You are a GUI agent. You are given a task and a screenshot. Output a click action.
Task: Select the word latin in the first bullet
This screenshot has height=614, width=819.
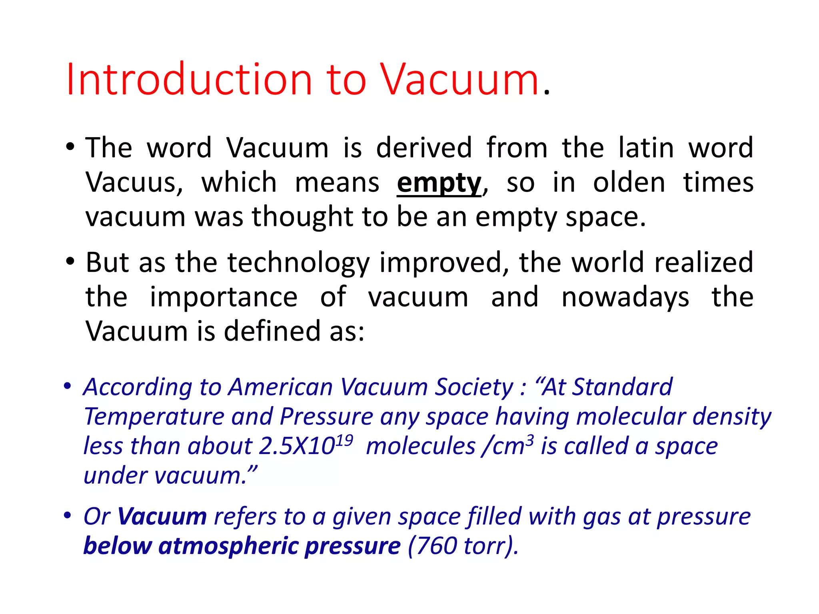[x=646, y=148]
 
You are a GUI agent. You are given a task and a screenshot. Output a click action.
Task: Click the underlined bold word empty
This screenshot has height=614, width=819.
[x=439, y=183]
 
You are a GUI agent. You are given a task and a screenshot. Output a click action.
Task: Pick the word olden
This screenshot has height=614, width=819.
[x=629, y=182]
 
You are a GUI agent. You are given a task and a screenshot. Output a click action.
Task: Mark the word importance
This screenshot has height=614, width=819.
[x=224, y=297]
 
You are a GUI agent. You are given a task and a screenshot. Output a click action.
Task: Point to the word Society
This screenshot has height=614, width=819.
[x=474, y=387]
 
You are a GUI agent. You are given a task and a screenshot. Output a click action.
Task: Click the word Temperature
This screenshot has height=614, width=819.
[x=154, y=417]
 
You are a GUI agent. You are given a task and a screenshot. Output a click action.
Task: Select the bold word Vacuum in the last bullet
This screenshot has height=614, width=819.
[x=162, y=516]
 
